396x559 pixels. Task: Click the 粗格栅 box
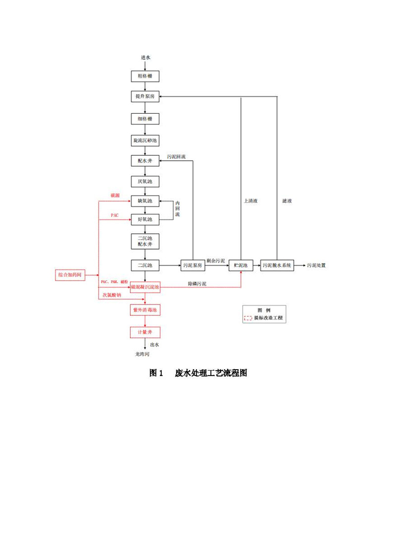point(145,76)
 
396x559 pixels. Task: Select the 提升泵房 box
point(145,97)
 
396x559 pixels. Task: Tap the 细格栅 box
point(145,119)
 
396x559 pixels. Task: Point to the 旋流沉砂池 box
point(145,141)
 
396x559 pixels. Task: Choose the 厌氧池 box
point(145,182)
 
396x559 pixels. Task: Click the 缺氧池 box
point(145,201)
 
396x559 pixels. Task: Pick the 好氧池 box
point(145,219)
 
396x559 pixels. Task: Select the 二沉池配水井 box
point(145,241)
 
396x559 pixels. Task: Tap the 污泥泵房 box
point(193,265)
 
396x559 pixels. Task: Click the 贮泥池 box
point(241,265)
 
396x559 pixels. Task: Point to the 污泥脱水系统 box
point(277,265)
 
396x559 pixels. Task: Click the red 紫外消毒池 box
point(145,310)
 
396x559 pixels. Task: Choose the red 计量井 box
point(145,332)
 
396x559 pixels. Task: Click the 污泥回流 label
point(176,157)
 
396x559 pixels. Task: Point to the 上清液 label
point(250,201)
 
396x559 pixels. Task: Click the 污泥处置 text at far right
point(316,265)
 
